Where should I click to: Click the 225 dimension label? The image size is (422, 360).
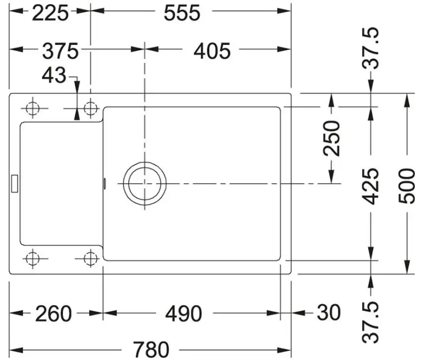coord(50,13)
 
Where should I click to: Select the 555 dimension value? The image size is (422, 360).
coord(182,13)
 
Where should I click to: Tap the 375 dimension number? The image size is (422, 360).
coord(61,51)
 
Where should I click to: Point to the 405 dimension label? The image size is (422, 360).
coord(212,51)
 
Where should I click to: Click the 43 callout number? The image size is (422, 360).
coord(54,75)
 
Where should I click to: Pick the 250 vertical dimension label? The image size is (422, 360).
coord(331,138)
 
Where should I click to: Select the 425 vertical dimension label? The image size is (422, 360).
coord(370,186)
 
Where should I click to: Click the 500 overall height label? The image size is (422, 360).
coord(406,186)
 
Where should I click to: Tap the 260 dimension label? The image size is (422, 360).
coord(53,314)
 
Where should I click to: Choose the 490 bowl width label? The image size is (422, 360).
coord(184,314)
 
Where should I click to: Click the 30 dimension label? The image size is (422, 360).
coord(329,313)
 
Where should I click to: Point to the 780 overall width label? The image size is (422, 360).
coord(152,349)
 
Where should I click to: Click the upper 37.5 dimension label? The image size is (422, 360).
coord(370,48)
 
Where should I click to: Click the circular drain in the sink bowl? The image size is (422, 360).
coord(145,184)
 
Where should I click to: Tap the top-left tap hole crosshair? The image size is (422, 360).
coord(33,109)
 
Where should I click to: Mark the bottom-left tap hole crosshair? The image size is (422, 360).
coord(33,259)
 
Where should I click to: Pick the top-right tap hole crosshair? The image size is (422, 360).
coord(91,109)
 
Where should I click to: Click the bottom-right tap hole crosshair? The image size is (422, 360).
coord(91,259)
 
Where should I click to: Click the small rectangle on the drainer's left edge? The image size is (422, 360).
coord(15,184)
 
